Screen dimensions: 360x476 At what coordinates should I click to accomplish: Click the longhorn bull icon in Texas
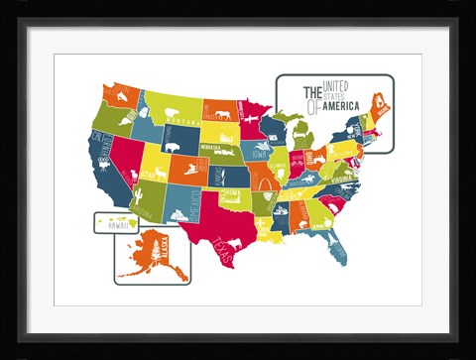click(235, 243)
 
